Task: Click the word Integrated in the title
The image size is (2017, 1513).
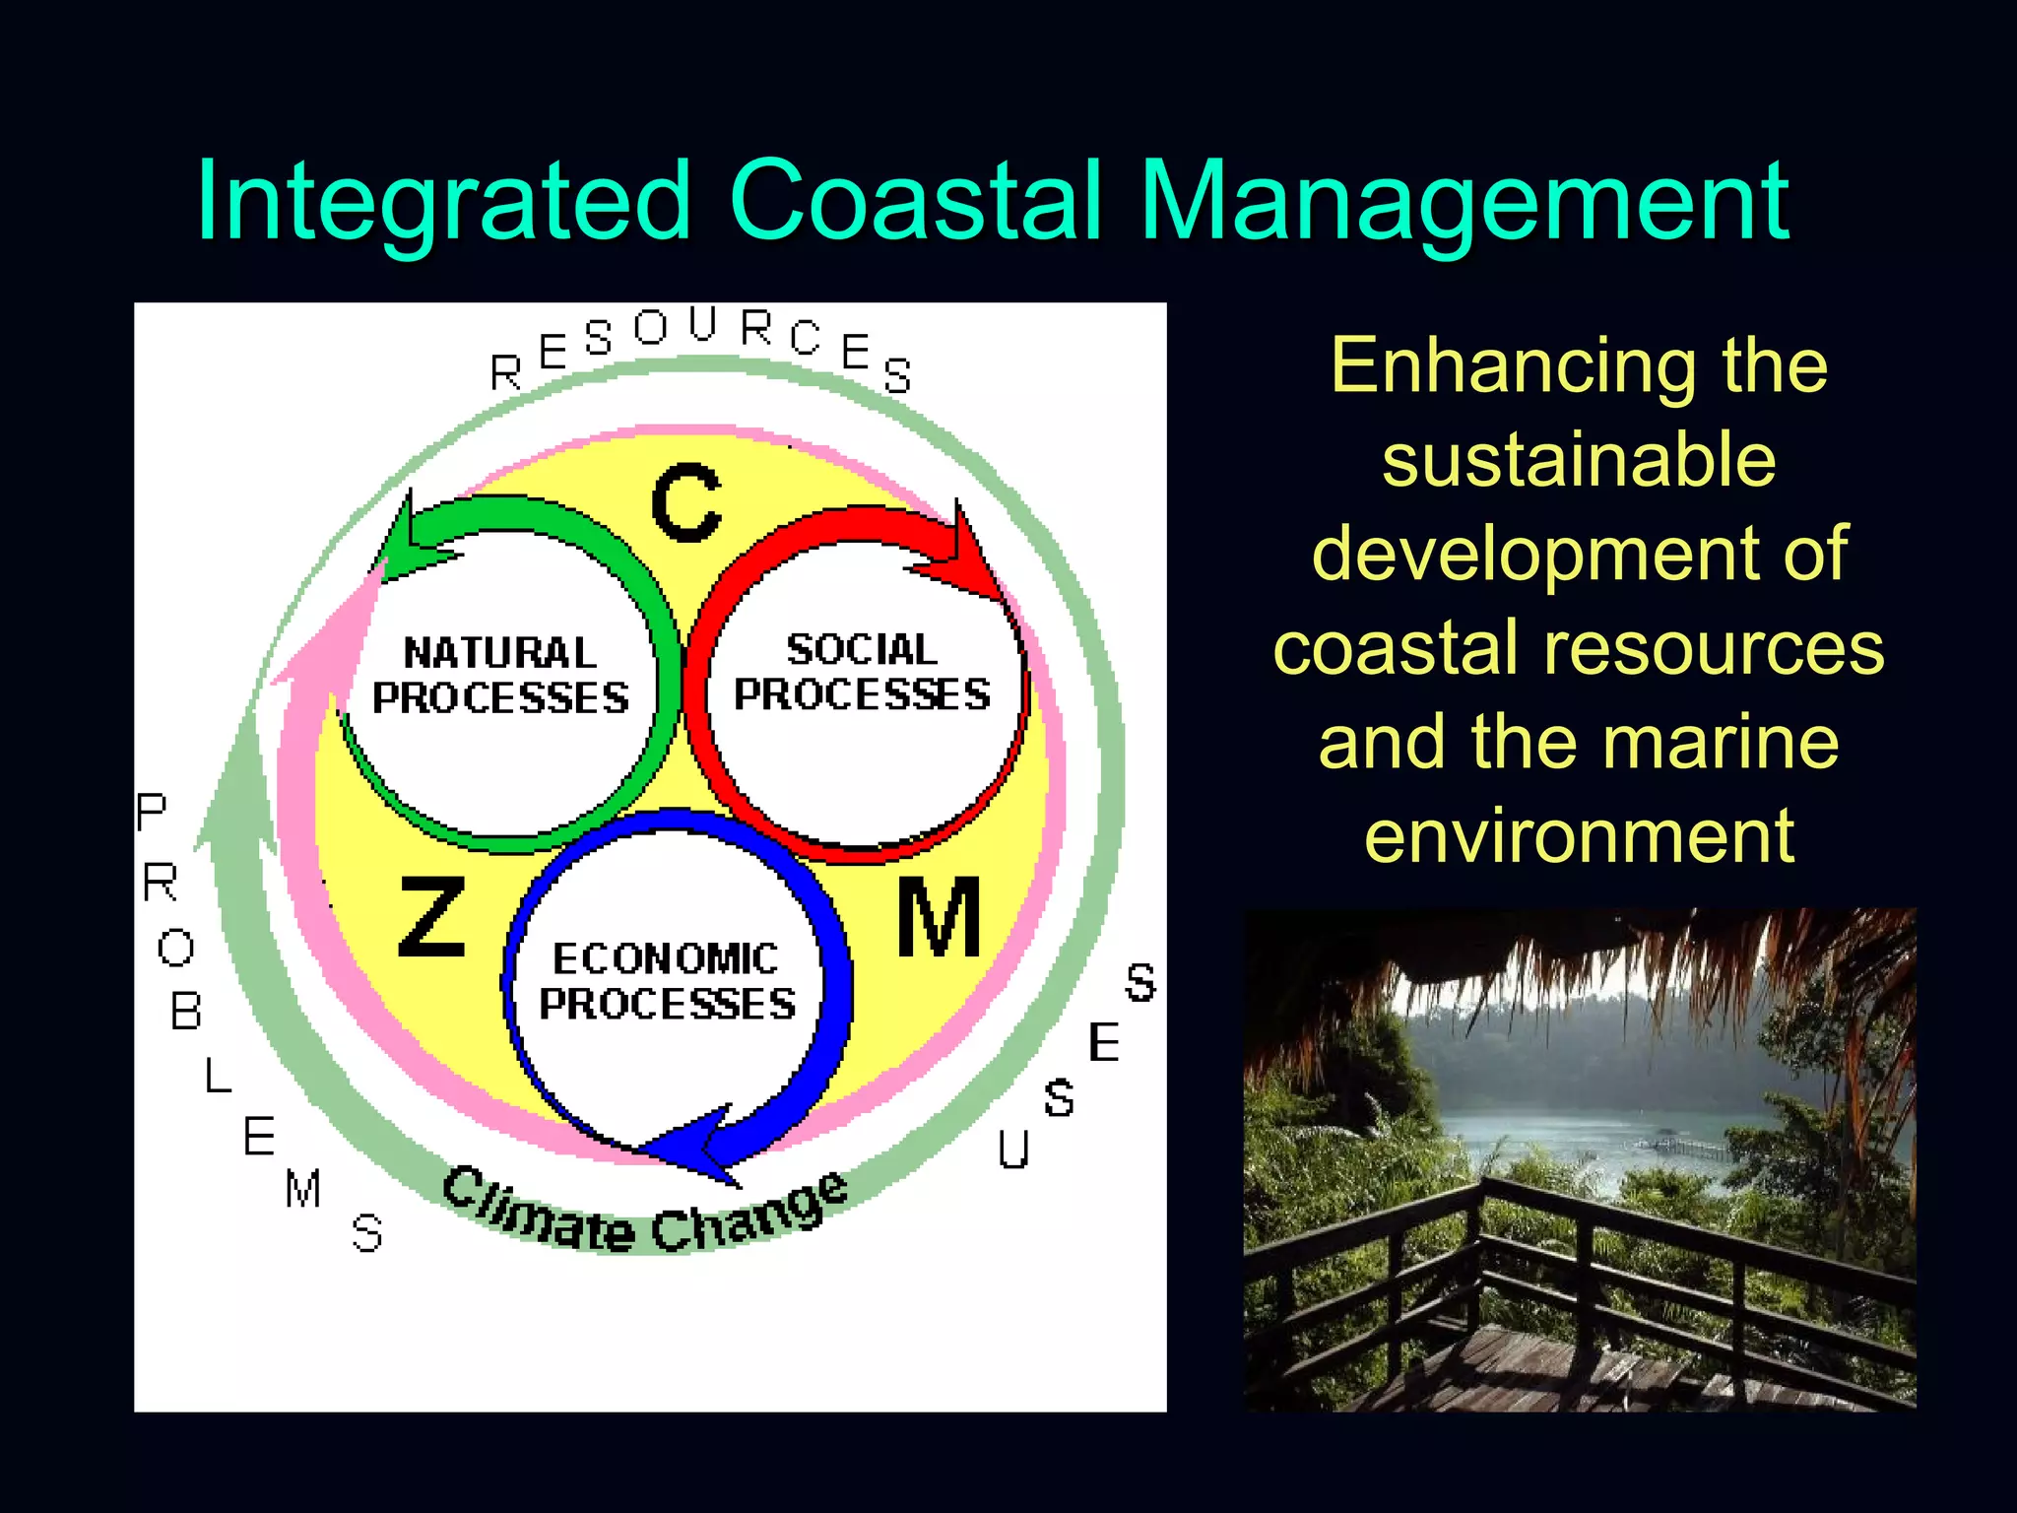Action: (443, 202)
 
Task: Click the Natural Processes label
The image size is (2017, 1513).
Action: (500, 676)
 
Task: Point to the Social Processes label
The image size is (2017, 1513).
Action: (862, 672)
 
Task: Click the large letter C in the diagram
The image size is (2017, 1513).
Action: (686, 502)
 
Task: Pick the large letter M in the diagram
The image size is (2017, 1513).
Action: (939, 918)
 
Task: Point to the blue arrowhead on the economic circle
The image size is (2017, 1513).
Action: (689, 1148)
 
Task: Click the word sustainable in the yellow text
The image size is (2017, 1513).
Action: (1579, 460)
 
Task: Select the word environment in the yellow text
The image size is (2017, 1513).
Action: (1579, 835)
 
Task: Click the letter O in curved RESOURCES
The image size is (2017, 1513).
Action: (651, 327)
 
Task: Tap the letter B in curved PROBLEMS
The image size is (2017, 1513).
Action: (186, 1012)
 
